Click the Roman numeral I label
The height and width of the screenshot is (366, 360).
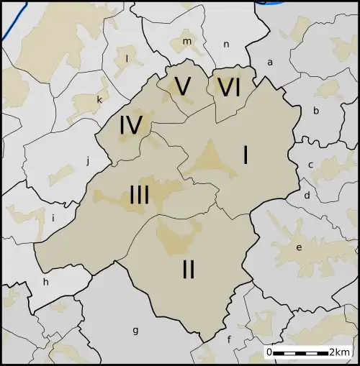coord(246,155)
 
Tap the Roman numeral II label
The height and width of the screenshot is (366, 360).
coord(189,270)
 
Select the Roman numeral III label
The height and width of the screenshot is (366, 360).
coord(139,195)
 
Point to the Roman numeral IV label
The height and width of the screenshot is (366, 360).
coord(130,126)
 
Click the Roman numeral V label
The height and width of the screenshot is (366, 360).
coord(183,87)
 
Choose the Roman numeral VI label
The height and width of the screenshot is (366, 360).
coord(228,88)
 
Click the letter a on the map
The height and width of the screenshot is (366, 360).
coord(270,63)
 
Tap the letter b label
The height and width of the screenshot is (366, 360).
coord(315,111)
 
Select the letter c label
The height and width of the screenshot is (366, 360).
coord(310,165)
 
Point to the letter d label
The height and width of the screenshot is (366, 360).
coord(307,195)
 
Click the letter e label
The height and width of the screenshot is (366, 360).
coord(299,247)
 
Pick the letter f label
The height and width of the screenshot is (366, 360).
coord(229,339)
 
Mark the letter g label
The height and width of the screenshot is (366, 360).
coord(135,331)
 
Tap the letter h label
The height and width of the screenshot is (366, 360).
coord(46,282)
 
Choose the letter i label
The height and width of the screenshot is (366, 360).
coord(53,218)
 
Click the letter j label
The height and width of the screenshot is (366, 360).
coord(88,161)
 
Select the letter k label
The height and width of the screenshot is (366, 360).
coord(99,100)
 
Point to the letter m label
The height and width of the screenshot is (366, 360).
coord(186,41)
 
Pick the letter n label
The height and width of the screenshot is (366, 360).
coord(226,45)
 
